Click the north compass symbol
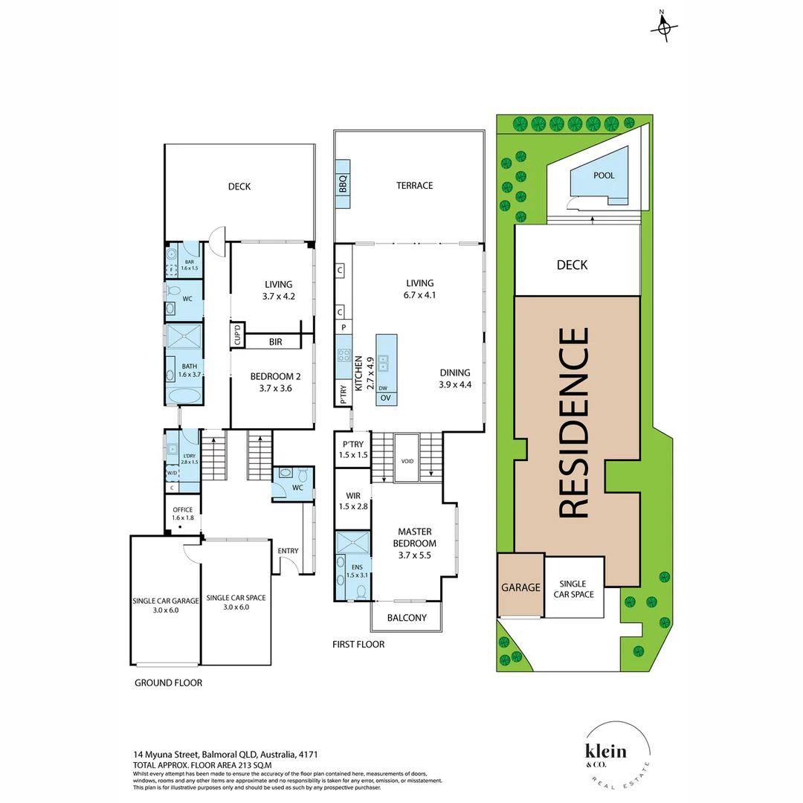tap(664, 28)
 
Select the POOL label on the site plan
tap(604, 175)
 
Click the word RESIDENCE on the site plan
tap(573, 423)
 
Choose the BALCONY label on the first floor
tap(407, 618)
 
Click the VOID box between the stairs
tap(406, 459)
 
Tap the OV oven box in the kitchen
tap(385, 399)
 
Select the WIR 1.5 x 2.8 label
tap(352, 500)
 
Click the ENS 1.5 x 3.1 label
tap(357, 570)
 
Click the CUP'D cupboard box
tap(237, 335)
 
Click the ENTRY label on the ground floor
tap(288, 551)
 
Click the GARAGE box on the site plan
tap(520, 587)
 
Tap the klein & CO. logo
tap(605, 753)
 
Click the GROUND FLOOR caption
tap(168, 683)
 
